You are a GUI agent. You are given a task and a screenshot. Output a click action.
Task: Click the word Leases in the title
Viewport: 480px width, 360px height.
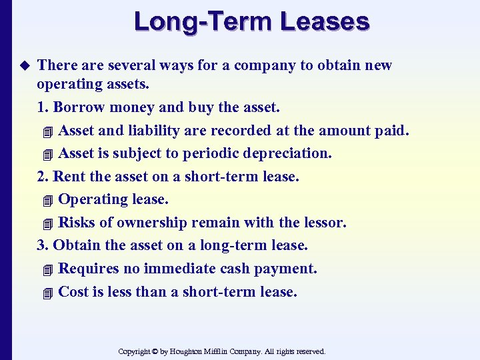(x=325, y=21)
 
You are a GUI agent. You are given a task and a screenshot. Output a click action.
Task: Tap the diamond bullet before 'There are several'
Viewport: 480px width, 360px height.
(x=26, y=65)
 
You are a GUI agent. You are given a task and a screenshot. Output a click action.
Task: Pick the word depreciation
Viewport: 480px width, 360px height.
(x=290, y=153)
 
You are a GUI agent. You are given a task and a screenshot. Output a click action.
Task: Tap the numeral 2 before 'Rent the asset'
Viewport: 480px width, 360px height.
(x=41, y=177)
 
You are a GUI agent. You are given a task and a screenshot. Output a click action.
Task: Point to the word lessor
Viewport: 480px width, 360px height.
(x=326, y=223)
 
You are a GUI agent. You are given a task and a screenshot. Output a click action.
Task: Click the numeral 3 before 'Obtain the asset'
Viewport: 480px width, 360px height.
(x=41, y=245)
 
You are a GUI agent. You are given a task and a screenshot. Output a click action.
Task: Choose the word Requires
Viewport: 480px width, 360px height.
(x=89, y=269)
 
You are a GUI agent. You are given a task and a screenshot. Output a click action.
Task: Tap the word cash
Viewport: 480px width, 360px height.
(x=229, y=269)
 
